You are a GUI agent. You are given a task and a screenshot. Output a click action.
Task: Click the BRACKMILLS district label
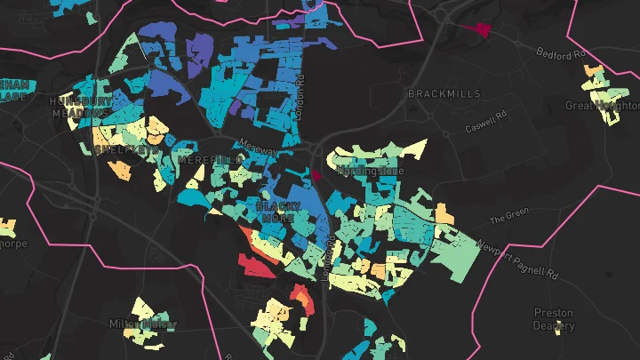(444, 93)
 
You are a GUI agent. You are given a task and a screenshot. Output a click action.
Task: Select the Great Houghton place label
(602, 106)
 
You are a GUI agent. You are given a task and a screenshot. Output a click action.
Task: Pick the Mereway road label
(258, 148)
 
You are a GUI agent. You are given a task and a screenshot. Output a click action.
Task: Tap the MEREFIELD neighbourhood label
(210, 160)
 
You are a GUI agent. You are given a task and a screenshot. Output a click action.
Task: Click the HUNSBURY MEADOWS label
(81, 107)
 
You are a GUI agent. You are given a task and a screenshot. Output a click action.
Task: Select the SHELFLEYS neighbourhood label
(120, 149)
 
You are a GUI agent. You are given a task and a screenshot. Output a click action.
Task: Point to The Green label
(509, 214)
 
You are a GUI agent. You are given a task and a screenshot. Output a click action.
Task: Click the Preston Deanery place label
(554, 319)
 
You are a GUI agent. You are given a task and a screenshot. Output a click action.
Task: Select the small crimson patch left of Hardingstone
(316, 174)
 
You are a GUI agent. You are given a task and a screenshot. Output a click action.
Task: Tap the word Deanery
(554, 325)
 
